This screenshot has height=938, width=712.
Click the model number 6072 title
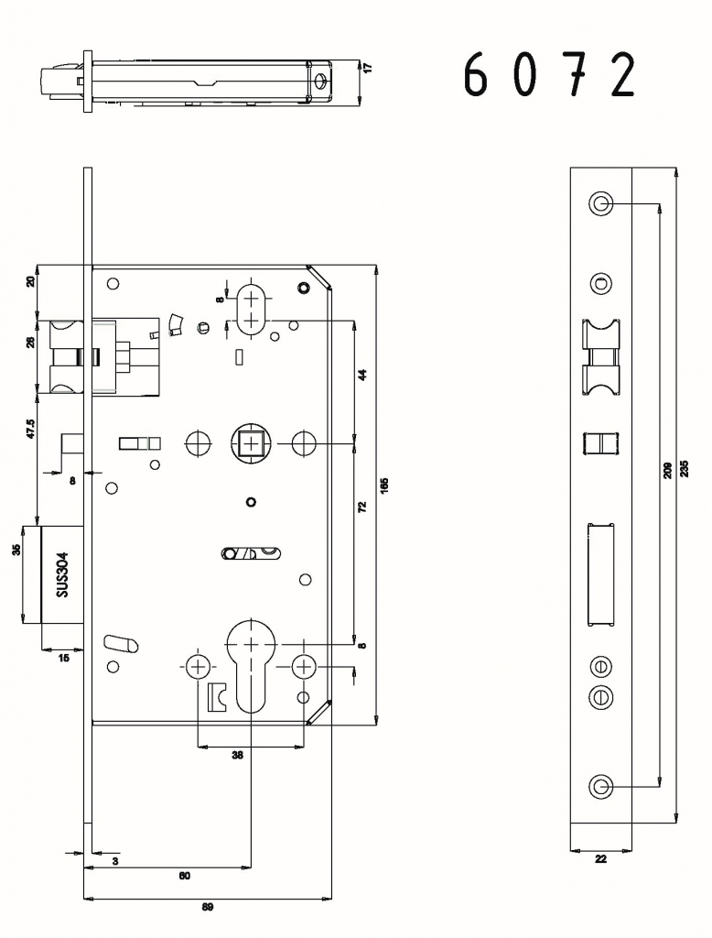click(x=549, y=74)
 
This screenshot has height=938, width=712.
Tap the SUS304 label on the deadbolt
click(x=63, y=574)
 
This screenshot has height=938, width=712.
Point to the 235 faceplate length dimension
click(x=685, y=468)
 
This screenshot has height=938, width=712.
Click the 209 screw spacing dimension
click(x=668, y=470)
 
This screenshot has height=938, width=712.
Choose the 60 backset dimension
click(x=184, y=876)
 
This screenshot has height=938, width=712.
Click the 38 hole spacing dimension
click(x=237, y=755)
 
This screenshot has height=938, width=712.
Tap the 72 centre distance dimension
click(x=361, y=507)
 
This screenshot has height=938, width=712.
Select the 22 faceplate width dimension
click(x=600, y=859)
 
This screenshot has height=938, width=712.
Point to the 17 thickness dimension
click(x=368, y=68)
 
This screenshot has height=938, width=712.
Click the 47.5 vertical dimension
click(x=31, y=429)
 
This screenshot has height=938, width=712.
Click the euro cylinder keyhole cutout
click(x=252, y=664)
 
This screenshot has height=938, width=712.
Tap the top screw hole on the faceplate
click(x=600, y=204)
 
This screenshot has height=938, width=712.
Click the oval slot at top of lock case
click(x=252, y=310)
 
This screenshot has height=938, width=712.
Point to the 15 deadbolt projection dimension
click(x=63, y=658)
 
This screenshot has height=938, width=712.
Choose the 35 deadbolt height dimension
click(x=16, y=549)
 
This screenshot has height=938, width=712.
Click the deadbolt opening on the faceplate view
click(x=600, y=575)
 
